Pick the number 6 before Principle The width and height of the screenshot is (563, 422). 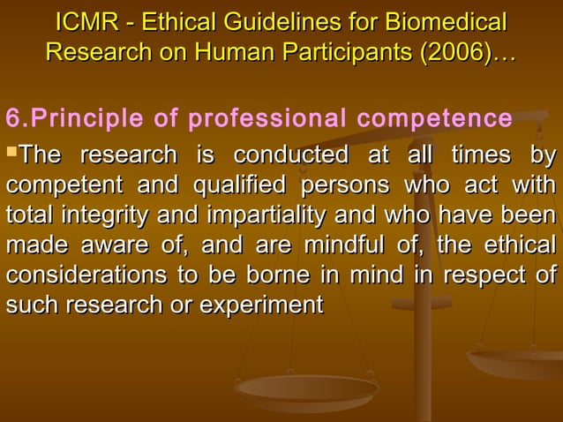(x=11, y=117)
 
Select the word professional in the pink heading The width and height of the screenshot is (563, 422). (x=269, y=117)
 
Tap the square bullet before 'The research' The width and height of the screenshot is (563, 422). (x=11, y=154)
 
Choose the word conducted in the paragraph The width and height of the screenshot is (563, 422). (x=289, y=156)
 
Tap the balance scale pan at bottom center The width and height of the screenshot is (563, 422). (x=307, y=389)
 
